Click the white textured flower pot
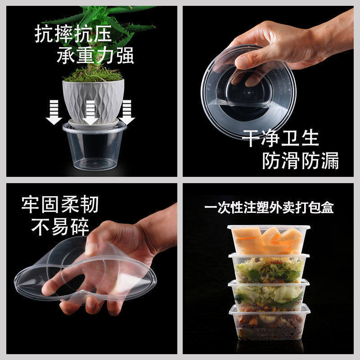point(93,101)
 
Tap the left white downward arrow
point(54,112)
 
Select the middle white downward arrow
point(90,112)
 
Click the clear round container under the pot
point(94,147)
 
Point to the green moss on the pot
point(93,75)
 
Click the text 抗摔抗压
point(73,34)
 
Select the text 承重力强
point(95,55)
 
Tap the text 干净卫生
point(280,138)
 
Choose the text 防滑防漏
point(301,161)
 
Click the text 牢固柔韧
point(60,204)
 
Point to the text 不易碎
point(60,227)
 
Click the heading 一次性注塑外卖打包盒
point(269,207)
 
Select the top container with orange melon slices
point(269,240)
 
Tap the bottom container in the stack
point(270,322)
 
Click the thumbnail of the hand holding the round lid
point(268,91)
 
